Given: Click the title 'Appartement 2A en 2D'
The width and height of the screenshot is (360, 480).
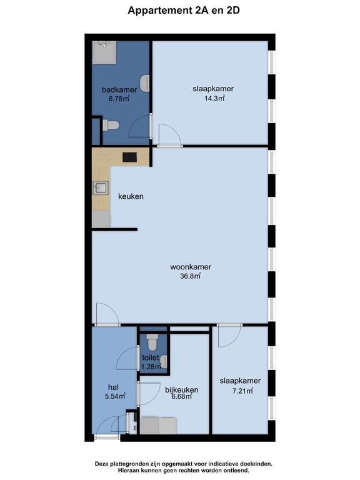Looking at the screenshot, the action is coord(183,11).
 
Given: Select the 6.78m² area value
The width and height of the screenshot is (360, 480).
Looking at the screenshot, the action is coord(119,99).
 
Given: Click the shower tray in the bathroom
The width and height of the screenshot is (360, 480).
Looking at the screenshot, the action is coord(104,52).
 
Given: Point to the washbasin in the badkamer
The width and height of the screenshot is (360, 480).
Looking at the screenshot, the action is coord(145,82).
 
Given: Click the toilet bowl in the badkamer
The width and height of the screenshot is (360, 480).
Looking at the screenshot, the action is coord(111,125).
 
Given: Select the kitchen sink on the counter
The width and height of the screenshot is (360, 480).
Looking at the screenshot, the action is coord(101,187).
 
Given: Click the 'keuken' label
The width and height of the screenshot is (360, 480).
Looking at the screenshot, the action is coord(131,196).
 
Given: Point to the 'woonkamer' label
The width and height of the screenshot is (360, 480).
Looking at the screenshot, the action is coord(191,267).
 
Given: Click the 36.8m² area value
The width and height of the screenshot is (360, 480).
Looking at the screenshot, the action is coord(191,276).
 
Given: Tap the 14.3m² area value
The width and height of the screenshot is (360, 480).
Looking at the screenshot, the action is coord(214,98).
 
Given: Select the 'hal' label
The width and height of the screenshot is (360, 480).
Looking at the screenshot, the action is coord(113,387).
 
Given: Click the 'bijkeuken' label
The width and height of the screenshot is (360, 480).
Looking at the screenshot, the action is coord(181,390).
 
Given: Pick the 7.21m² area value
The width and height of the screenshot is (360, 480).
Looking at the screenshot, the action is coord(242,391).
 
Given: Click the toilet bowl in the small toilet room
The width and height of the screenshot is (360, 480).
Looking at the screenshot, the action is coord(152,342).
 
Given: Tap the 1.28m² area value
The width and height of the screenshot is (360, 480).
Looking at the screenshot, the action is coord(151,366).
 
